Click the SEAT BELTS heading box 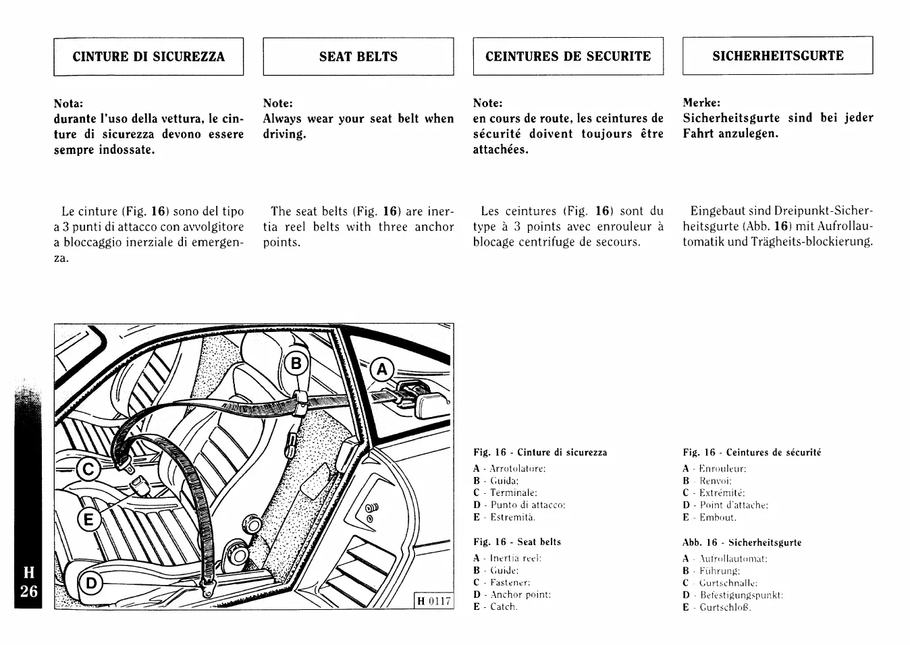[x=358, y=57]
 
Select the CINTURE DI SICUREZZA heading [x=149, y=57]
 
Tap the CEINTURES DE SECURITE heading [x=568, y=57]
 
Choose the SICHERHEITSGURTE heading [x=778, y=56]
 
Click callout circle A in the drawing [x=383, y=370]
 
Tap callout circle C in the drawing [x=89, y=468]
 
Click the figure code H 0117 [x=433, y=600]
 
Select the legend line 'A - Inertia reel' [x=508, y=558]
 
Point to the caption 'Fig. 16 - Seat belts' [x=517, y=542]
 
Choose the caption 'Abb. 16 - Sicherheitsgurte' [x=742, y=542]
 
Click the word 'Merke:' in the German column [x=701, y=103]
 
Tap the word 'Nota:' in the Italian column [x=68, y=103]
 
